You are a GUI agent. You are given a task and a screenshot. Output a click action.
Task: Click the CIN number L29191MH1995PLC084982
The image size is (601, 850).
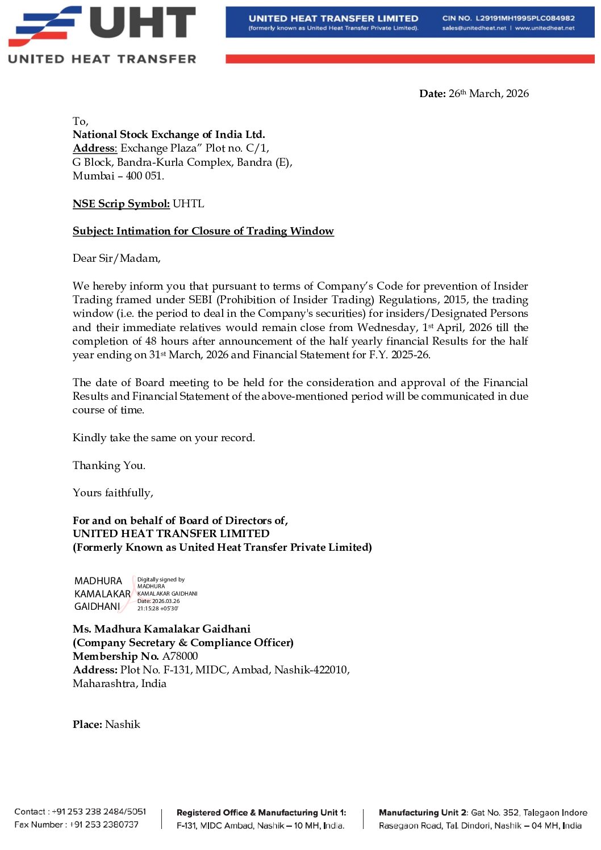(x=525, y=18)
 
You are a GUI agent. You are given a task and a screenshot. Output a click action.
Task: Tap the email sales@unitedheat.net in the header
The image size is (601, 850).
(x=474, y=28)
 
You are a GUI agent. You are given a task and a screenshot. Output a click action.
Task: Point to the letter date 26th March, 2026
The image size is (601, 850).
(x=489, y=94)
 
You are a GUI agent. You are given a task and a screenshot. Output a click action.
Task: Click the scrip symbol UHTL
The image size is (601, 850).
(x=188, y=204)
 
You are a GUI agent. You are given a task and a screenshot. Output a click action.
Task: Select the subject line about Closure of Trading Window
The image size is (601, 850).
(x=203, y=231)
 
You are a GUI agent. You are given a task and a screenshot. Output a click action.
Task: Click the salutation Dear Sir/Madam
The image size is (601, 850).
(x=116, y=258)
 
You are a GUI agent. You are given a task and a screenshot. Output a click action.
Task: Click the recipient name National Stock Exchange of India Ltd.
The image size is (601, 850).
(x=169, y=135)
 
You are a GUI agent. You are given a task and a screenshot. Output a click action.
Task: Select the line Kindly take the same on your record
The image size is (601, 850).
(x=164, y=438)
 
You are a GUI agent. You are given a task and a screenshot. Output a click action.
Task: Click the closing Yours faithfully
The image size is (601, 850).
(x=112, y=493)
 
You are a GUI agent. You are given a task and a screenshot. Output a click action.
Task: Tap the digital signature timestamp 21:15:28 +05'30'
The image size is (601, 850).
(x=157, y=609)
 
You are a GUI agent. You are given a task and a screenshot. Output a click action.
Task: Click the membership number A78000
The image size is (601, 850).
(x=180, y=656)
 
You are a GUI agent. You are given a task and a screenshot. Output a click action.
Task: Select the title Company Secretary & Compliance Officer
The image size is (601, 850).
(x=183, y=643)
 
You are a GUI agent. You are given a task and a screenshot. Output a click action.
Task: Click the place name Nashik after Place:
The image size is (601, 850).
(x=123, y=725)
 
